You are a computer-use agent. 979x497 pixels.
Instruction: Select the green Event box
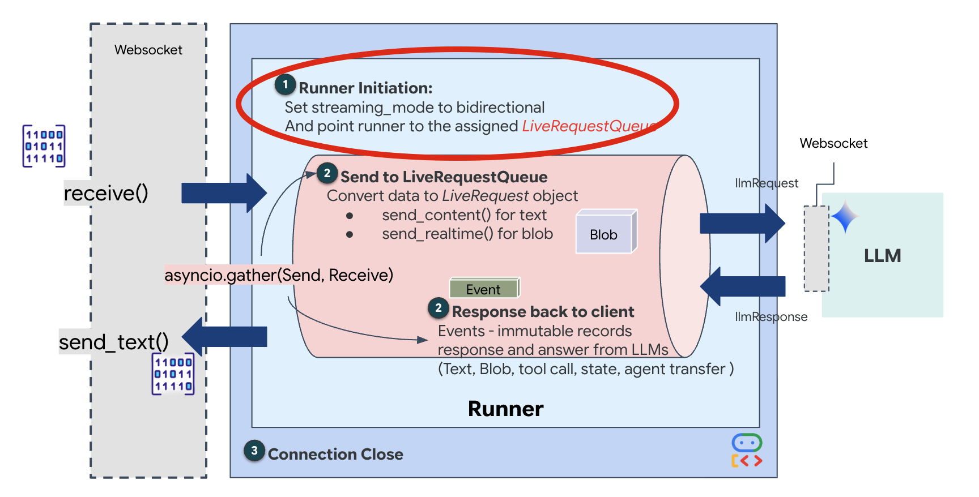pyautogui.click(x=484, y=288)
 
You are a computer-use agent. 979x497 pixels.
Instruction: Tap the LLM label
pyautogui.click(x=882, y=256)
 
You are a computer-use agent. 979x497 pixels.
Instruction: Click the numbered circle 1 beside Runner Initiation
pyautogui.click(x=285, y=85)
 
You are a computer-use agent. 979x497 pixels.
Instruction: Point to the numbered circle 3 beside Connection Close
pyautogui.click(x=254, y=451)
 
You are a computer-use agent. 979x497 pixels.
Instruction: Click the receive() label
pyautogui.click(x=106, y=194)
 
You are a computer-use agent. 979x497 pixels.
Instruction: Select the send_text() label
pyautogui.click(x=114, y=342)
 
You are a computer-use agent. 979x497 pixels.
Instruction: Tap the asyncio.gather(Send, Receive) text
pyautogui.click(x=279, y=275)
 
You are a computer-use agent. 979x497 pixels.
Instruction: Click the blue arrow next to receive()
pyautogui.click(x=223, y=193)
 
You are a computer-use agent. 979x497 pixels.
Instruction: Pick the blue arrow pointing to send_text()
pyautogui.click(x=225, y=336)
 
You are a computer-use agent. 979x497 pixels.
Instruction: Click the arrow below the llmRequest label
pyautogui.click(x=742, y=224)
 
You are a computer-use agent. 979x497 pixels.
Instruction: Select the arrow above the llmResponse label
pyautogui.click(x=743, y=286)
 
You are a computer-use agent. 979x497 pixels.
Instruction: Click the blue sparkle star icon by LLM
pyautogui.click(x=845, y=217)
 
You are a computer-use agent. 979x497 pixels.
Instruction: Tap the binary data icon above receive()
pyautogui.click(x=44, y=146)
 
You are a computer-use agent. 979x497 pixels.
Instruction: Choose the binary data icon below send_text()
pyautogui.click(x=173, y=374)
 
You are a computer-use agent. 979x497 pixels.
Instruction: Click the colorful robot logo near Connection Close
pyautogui.click(x=747, y=451)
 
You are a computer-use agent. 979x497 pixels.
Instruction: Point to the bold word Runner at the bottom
pyautogui.click(x=505, y=409)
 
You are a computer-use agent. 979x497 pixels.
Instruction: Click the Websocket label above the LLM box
pyautogui.click(x=833, y=144)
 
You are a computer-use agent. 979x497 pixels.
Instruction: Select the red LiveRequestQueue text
pyautogui.click(x=589, y=126)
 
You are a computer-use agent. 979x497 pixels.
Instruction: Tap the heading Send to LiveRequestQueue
pyautogui.click(x=444, y=177)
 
